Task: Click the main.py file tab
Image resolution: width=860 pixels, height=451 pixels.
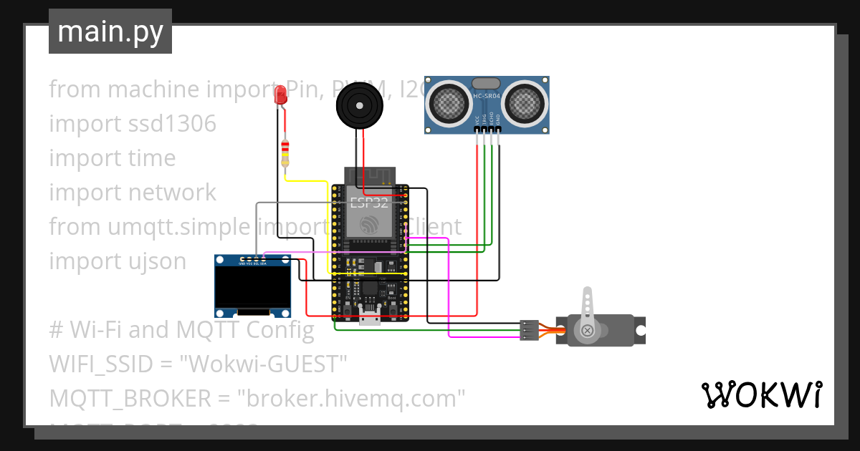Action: pyautogui.click(x=110, y=31)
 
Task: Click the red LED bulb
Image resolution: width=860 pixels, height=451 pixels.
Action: pyautogui.click(x=281, y=94)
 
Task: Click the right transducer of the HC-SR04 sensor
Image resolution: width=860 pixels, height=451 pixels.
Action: pyautogui.click(x=525, y=104)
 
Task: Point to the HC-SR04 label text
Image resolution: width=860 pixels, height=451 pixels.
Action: pyautogui.click(x=487, y=94)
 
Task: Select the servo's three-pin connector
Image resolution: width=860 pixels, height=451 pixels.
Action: pyautogui.click(x=529, y=330)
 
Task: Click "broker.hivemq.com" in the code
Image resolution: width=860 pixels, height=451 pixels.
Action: pyautogui.click(x=351, y=398)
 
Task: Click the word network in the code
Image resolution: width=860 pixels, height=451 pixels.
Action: pyautogui.click(x=173, y=193)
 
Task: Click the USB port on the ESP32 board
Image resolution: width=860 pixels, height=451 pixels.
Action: pyautogui.click(x=370, y=319)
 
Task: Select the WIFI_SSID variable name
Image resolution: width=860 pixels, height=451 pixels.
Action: pyautogui.click(x=100, y=364)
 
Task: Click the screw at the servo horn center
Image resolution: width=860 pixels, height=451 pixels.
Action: pyautogui.click(x=588, y=330)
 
